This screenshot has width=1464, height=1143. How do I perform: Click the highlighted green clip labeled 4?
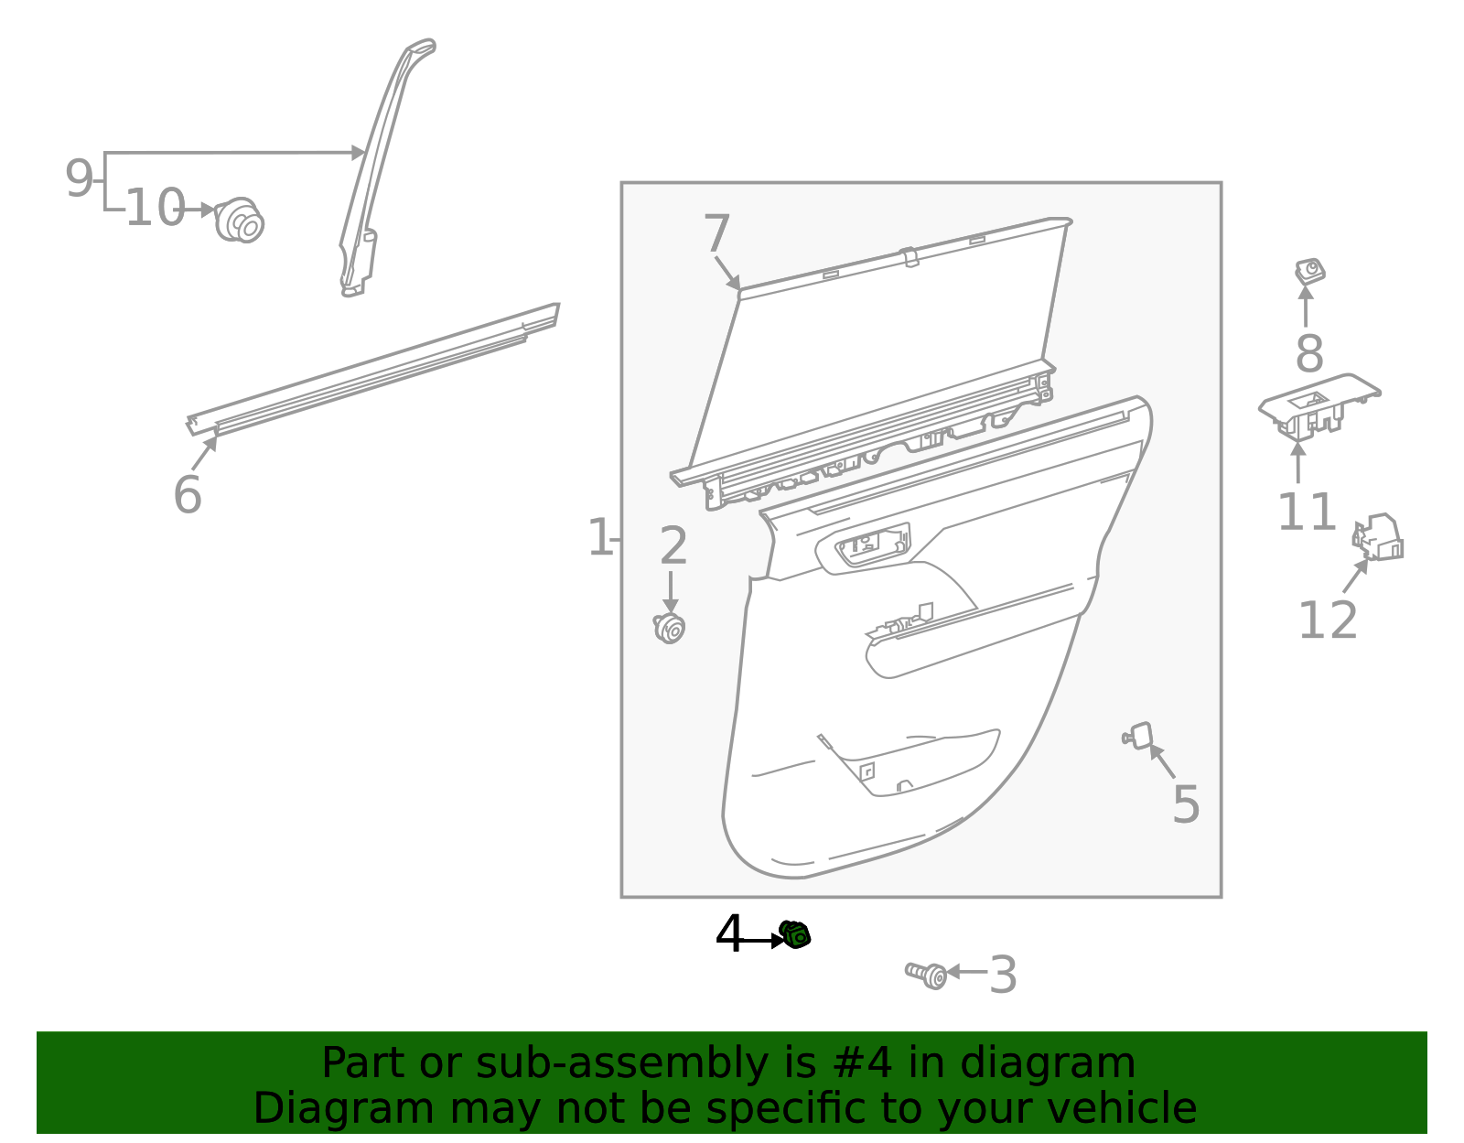pos(795,935)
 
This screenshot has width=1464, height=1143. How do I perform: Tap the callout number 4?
pos(729,935)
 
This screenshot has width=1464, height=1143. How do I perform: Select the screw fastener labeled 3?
pos(927,975)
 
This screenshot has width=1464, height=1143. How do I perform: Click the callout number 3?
pos(1003,976)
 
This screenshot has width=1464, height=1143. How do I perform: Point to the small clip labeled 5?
pos(1138,736)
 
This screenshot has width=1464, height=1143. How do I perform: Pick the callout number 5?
pos(1185,805)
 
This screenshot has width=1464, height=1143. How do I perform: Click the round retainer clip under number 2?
pos(670,628)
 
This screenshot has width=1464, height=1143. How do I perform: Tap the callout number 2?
pos(673,546)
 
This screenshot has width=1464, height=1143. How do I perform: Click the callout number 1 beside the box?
pos(599,538)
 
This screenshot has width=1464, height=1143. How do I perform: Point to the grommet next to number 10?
pos(240,220)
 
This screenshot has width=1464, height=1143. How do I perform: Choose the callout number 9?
pos(79,178)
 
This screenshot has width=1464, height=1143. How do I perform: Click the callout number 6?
pos(187,495)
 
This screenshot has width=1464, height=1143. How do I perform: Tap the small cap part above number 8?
pos(1309,271)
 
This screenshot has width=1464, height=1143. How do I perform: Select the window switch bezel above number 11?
pos(1319,403)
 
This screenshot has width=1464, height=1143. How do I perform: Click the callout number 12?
pos(1328,620)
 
